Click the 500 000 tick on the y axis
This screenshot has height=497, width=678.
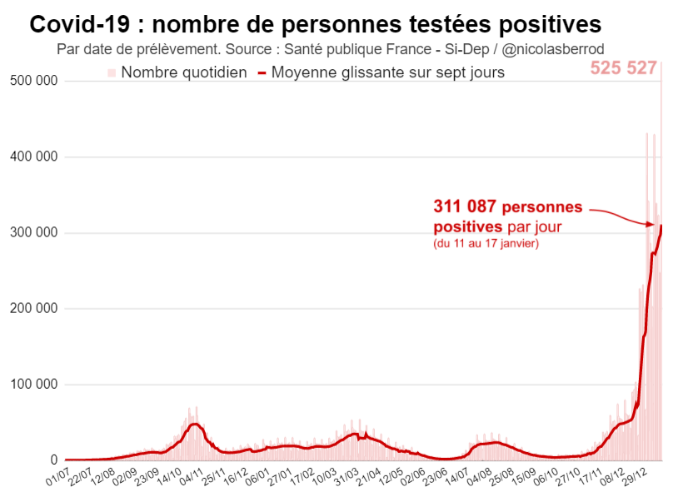(x=33, y=81)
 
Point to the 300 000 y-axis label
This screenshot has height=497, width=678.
(x=33, y=232)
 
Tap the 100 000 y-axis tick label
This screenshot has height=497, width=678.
(x=33, y=385)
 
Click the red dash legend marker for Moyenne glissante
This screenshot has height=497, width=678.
(x=262, y=73)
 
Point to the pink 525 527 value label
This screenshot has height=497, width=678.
(x=624, y=68)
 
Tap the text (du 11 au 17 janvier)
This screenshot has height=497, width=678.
(x=486, y=244)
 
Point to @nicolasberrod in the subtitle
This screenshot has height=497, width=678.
(x=551, y=49)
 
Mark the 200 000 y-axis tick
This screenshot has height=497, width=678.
(x=33, y=309)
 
